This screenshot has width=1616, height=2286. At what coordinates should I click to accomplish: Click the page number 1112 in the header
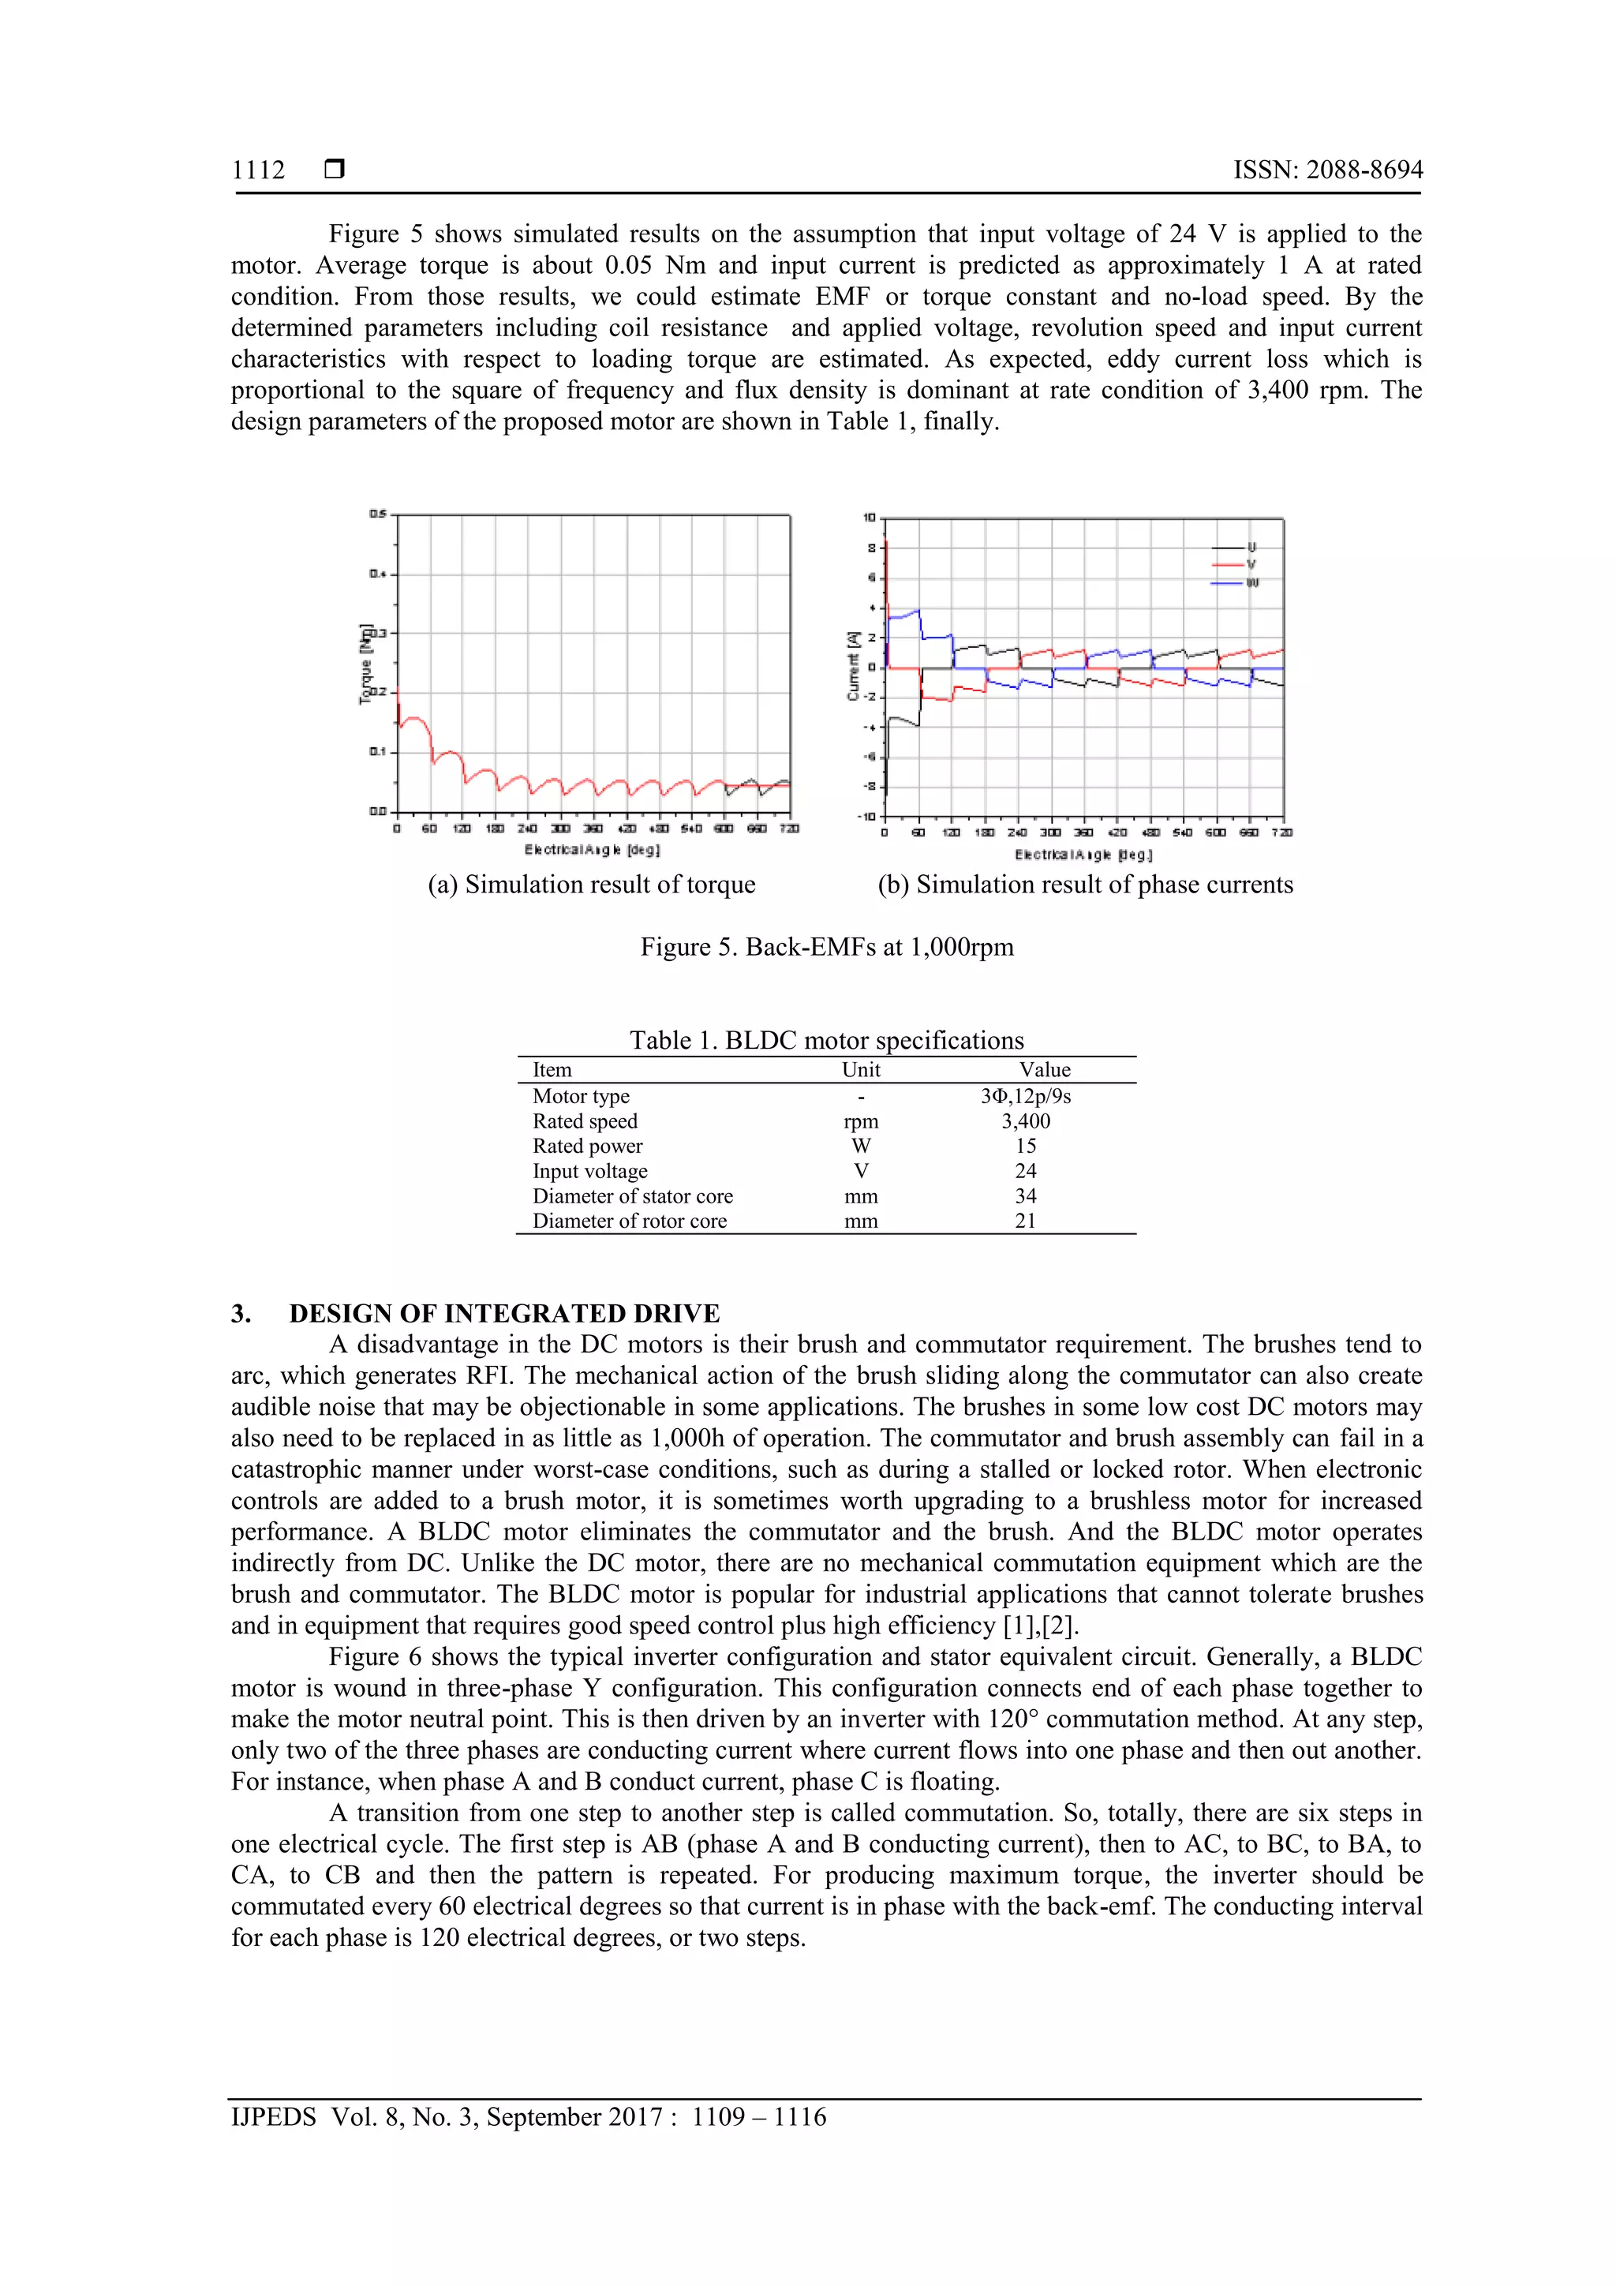tap(258, 170)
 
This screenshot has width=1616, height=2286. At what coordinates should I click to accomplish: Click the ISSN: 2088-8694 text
tap(1327, 170)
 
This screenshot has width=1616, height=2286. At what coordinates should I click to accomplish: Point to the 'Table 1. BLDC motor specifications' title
tap(825, 1041)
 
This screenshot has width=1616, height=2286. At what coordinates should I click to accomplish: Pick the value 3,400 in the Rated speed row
tap(1026, 1121)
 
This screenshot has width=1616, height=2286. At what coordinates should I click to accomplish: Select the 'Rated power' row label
tap(587, 1146)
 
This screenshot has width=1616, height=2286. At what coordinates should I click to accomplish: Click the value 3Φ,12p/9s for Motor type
tap(1026, 1096)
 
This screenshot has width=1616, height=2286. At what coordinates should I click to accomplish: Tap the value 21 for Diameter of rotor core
tap(1026, 1221)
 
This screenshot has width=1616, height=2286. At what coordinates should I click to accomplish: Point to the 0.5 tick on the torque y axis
tap(377, 514)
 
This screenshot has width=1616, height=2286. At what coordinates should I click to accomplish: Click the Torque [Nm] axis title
tap(366, 664)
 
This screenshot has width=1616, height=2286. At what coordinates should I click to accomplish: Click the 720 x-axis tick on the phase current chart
tap(1284, 832)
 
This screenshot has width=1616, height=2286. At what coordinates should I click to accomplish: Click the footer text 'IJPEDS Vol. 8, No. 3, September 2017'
tap(446, 2117)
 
